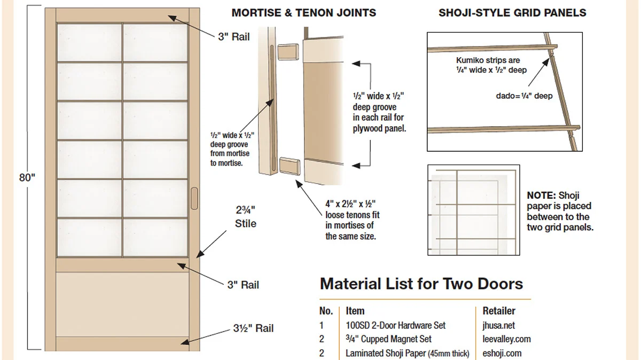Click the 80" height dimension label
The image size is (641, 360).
click(x=27, y=178)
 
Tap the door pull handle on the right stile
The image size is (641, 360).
click(x=194, y=198)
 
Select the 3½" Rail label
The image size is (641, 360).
click(x=253, y=328)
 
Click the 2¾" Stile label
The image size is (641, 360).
click(x=246, y=217)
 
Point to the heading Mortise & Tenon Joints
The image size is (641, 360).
click(x=303, y=13)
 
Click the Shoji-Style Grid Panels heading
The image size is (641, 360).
click(x=512, y=13)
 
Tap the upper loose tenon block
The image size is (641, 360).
click(x=288, y=52)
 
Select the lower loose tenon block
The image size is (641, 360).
click(x=290, y=166)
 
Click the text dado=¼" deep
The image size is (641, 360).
click(x=524, y=96)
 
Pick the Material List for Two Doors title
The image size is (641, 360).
click(x=421, y=284)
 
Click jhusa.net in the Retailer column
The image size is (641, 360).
click(x=498, y=325)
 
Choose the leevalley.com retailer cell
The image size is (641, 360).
click(x=506, y=339)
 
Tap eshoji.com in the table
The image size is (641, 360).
click(x=502, y=354)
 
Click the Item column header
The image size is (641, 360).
click(x=355, y=311)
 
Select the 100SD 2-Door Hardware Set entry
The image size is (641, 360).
click(x=395, y=325)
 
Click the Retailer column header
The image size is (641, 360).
click(x=499, y=311)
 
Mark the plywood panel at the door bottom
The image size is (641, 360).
click(x=122, y=304)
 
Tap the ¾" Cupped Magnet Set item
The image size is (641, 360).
click(x=388, y=339)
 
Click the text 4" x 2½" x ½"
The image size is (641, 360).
click(x=350, y=204)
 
